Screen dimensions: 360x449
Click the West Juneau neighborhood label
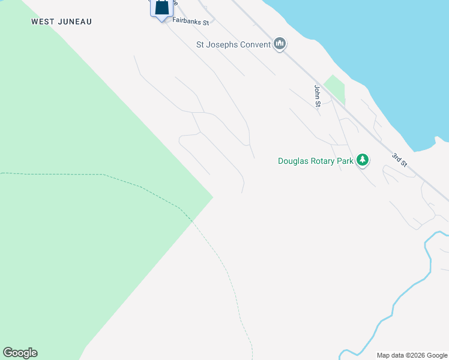(62, 22)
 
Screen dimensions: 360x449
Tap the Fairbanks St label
(190, 22)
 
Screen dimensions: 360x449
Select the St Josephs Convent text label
(234, 44)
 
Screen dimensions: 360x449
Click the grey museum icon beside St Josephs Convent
(280, 44)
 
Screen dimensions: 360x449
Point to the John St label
(317, 96)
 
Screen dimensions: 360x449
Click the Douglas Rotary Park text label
(315, 161)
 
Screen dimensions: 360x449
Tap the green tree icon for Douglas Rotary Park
(362, 160)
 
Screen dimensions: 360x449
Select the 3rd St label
(400, 161)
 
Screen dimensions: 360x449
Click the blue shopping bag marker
(161, 8)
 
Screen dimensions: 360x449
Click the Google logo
(20, 353)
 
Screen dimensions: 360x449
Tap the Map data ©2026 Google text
(412, 355)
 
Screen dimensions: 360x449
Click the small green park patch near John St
(335, 88)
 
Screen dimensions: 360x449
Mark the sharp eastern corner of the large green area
(212, 197)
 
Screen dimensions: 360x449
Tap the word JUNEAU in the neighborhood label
(76, 22)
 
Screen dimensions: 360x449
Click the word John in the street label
(317, 91)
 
